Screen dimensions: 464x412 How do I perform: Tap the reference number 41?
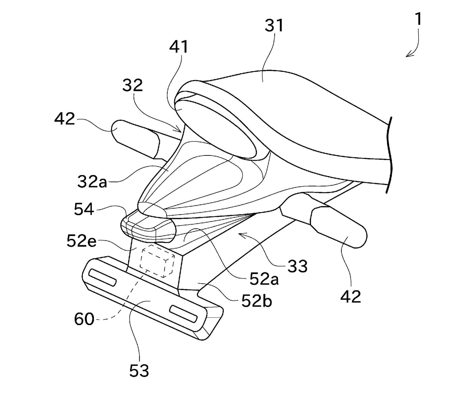tap(179, 47)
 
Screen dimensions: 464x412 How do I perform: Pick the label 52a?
tap(264, 279)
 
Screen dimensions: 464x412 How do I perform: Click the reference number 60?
tap(84, 319)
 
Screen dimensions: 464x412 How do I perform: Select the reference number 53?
tap(139, 371)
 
